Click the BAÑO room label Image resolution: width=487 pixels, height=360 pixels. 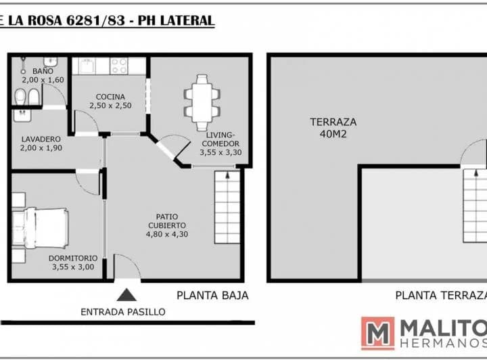[43, 71]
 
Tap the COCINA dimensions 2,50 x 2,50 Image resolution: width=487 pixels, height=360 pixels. [110, 106]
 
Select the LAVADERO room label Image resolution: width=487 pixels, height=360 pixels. [41, 139]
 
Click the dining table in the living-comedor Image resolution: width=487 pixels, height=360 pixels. [202, 102]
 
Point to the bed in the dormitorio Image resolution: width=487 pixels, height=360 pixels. [41, 227]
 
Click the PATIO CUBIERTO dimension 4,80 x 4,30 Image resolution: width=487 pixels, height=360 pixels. [167, 234]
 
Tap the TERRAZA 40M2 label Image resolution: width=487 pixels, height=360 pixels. [333, 128]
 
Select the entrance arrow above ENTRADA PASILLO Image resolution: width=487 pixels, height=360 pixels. [126, 295]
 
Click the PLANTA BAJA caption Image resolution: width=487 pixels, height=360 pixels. [212, 296]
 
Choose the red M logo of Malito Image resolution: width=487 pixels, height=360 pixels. [377, 334]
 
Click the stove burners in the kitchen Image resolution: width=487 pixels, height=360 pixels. [119, 66]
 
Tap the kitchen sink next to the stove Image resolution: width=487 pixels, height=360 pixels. [87, 66]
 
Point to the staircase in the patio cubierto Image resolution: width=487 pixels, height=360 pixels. [227, 207]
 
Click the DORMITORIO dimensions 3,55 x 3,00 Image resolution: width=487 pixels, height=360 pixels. [73, 267]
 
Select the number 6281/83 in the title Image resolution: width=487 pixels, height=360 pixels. [96, 21]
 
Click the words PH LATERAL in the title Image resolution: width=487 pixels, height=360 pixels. [176, 21]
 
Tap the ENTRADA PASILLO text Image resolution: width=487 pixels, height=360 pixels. [123, 312]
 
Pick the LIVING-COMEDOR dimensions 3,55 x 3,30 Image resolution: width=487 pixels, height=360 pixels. [221, 152]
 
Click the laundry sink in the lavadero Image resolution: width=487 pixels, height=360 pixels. [22, 115]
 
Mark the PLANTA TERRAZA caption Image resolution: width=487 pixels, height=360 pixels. [441, 296]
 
